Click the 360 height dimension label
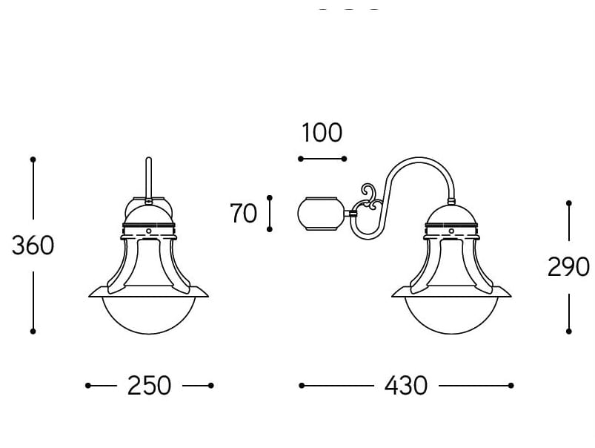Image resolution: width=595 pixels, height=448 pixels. pyautogui.click(x=33, y=245)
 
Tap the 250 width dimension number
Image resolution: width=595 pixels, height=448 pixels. pyautogui.click(x=149, y=386)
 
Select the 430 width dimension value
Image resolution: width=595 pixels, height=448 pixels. pyautogui.click(x=406, y=386)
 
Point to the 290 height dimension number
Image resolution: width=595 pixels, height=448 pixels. pyautogui.click(x=568, y=267)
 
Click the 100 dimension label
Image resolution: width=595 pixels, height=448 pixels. pyautogui.click(x=322, y=133)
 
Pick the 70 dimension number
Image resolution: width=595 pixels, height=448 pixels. pyautogui.click(x=243, y=213)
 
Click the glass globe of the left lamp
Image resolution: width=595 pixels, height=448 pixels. pyautogui.click(x=149, y=315)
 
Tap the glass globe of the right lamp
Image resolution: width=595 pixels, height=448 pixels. pyautogui.click(x=451, y=315)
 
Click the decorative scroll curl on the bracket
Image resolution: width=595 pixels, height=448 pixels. pyautogui.click(x=369, y=197)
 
